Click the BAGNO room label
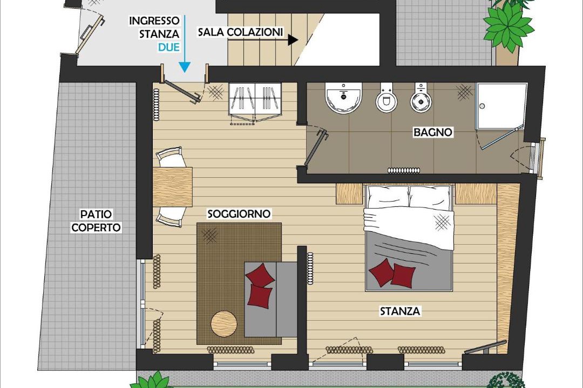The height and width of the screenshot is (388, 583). coord(433,132)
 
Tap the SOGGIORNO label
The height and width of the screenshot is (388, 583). coord(239,214)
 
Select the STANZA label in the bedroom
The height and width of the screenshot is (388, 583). coord(400,311)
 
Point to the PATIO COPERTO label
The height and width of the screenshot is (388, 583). coord(96,220)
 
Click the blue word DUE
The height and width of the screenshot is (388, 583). coord(169,47)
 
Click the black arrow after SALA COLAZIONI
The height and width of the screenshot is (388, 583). coord(293,40)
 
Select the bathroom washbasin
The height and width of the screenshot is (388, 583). coord(343,98)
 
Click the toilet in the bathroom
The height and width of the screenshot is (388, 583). coord(387,98)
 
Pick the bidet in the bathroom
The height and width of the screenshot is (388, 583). coord(421,98)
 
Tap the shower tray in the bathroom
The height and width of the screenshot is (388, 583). coord(501,107)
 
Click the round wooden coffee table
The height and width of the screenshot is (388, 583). coord(224,324)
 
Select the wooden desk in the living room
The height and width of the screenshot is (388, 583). coord(173,187)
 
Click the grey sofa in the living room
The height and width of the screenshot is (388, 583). coord(270,299)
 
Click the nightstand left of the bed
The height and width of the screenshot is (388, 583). coord(349,193)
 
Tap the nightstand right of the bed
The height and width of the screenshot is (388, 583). coord(476,193)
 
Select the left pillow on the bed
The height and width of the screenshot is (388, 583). coord(388,197)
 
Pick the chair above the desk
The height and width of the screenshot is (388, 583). coord(171,157)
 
